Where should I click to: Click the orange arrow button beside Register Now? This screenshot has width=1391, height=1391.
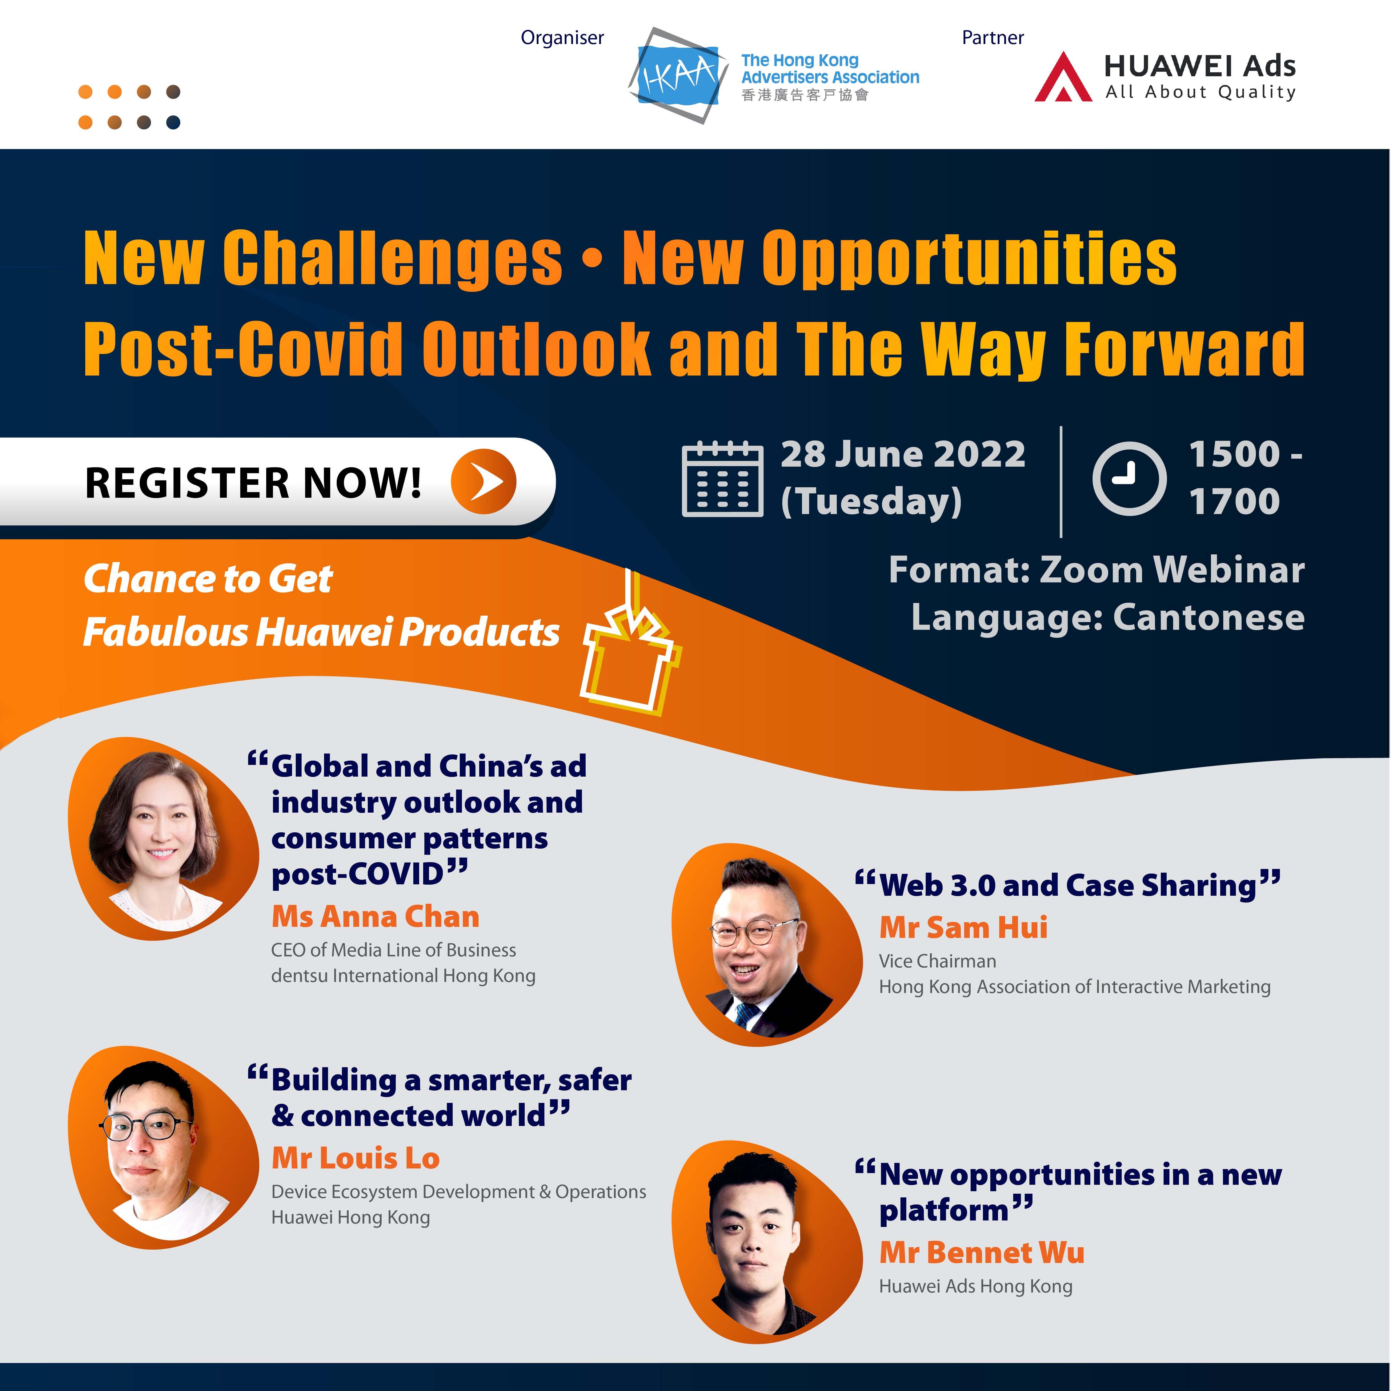coord(483,481)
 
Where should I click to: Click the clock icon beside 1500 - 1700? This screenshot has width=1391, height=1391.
coord(1129,478)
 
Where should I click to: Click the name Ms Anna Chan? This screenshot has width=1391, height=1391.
coord(375,917)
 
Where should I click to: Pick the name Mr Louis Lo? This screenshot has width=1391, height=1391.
coord(356,1158)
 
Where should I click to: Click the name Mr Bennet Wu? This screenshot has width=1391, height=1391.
coord(982,1252)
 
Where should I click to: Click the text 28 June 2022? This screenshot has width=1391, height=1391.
coord(903,454)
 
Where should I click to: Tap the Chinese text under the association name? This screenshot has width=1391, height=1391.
coord(805,95)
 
